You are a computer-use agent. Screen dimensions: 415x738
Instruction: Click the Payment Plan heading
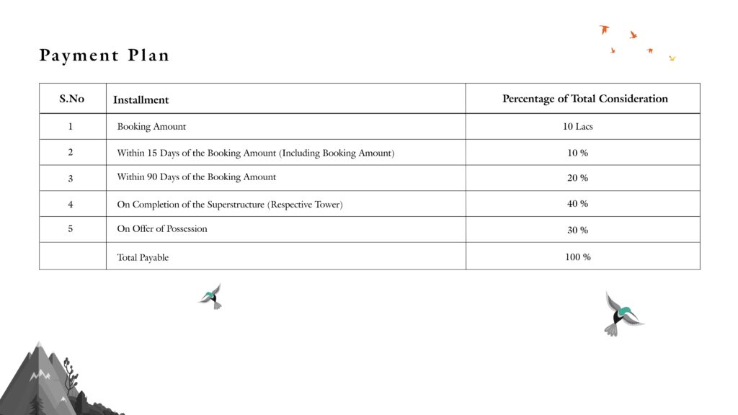[105, 55]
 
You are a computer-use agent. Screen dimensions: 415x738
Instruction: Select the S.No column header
[71, 99]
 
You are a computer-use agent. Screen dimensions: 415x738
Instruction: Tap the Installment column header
[141, 99]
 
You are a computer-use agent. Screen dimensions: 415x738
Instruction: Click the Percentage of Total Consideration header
[584, 99]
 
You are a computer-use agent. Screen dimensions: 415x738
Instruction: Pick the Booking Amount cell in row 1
[151, 127]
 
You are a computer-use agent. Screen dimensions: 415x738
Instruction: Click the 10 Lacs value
[578, 127]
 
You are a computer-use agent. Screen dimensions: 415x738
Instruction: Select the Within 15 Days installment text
[255, 153]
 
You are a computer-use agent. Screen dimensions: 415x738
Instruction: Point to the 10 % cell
[578, 153]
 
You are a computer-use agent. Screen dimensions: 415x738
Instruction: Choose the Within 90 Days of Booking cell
[196, 177]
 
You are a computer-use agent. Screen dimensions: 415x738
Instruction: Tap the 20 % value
[578, 178]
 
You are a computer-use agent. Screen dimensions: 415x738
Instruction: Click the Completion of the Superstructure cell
[229, 205]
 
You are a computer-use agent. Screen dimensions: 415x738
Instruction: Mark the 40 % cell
[578, 204]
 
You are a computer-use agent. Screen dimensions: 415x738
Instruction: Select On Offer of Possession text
[161, 229]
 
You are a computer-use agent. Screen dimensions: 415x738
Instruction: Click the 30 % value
[578, 231]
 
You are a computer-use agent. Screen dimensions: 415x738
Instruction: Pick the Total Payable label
[143, 257]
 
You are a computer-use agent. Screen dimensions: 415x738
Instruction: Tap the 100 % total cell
[578, 256]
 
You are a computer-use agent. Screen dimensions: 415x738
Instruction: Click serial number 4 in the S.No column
[71, 205]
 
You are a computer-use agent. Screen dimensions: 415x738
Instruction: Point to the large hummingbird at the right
[622, 314]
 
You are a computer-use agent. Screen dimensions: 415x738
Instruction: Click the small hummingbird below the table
[211, 296]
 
